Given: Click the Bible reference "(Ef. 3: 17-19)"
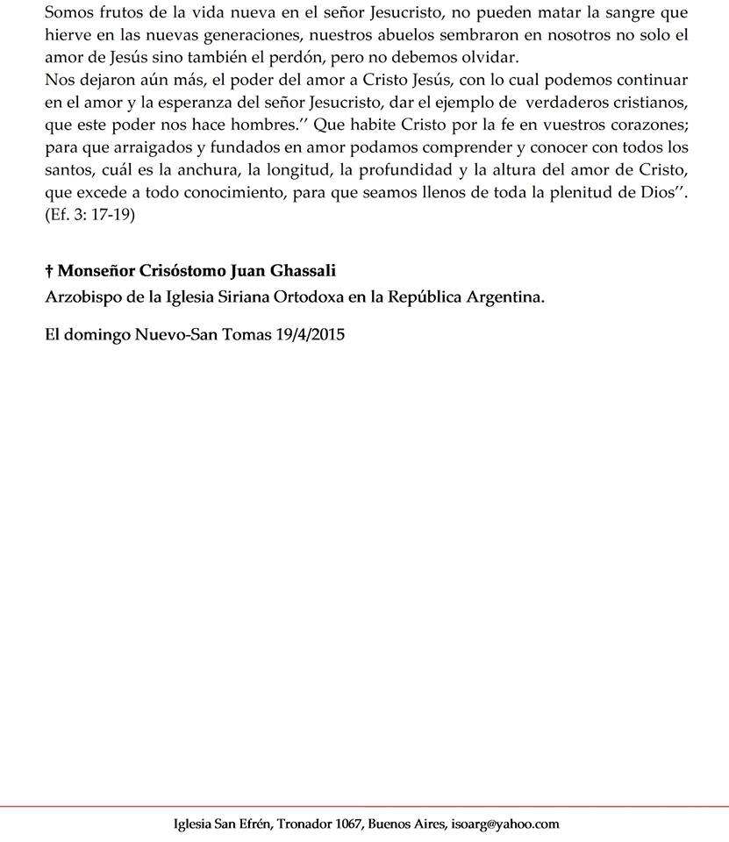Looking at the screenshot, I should [89, 214].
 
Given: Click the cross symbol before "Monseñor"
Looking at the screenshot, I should [49, 271].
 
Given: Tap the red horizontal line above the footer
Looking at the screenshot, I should [364, 805].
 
